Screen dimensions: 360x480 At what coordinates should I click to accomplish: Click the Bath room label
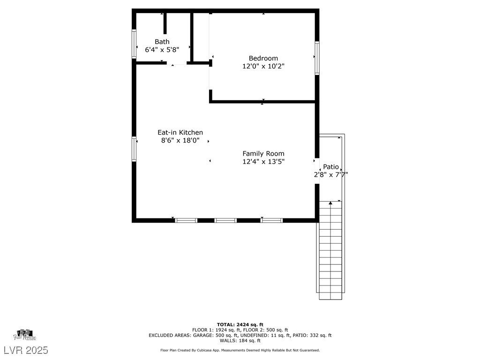click(162, 42)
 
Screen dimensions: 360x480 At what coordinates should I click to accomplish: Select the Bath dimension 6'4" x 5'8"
click(162, 49)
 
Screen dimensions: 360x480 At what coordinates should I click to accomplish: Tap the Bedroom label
click(263, 58)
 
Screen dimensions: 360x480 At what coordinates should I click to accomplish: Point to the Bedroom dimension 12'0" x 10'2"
click(263, 66)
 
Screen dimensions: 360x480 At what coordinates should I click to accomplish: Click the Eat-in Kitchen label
click(180, 133)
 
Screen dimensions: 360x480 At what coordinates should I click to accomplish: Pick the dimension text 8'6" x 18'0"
click(180, 140)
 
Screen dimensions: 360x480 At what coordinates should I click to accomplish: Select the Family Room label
click(263, 153)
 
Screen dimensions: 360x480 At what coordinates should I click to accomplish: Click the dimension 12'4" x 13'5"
click(263, 161)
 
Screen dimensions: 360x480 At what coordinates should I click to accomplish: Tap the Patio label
click(331, 167)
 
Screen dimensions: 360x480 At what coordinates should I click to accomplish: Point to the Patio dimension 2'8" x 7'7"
click(331, 175)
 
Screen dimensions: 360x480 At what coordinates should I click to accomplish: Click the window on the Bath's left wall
click(134, 44)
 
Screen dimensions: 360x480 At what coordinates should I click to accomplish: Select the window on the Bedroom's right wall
click(317, 58)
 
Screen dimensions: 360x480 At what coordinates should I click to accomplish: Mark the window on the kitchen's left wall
click(134, 149)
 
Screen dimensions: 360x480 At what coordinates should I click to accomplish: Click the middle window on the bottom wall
click(225, 220)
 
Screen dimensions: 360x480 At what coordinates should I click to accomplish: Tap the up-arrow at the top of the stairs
click(330, 203)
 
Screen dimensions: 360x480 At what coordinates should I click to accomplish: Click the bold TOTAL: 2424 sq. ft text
click(240, 324)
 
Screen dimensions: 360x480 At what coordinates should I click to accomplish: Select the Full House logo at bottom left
click(25, 335)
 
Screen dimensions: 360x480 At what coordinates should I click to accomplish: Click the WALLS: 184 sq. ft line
click(240, 341)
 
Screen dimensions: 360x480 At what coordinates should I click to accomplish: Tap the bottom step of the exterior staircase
click(330, 295)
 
